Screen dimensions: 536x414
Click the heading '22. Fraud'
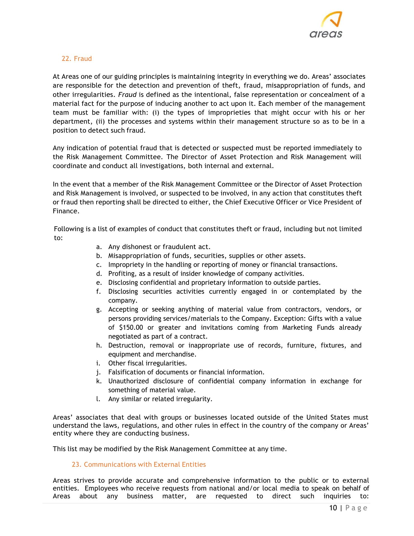point(77,59)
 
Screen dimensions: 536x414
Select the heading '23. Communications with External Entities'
point(139,465)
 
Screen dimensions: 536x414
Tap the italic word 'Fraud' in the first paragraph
point(127,95)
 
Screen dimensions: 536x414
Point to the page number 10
point(333,508)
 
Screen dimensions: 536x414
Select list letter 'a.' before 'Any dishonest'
point(99,247)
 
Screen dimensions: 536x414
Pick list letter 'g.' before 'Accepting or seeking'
point(99,310)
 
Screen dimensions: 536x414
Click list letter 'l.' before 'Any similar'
point(98,399)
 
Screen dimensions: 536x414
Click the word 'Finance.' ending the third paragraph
point(66,211)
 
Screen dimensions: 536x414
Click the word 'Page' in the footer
point(356,508)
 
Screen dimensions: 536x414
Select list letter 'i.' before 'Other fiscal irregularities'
point(98,363)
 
